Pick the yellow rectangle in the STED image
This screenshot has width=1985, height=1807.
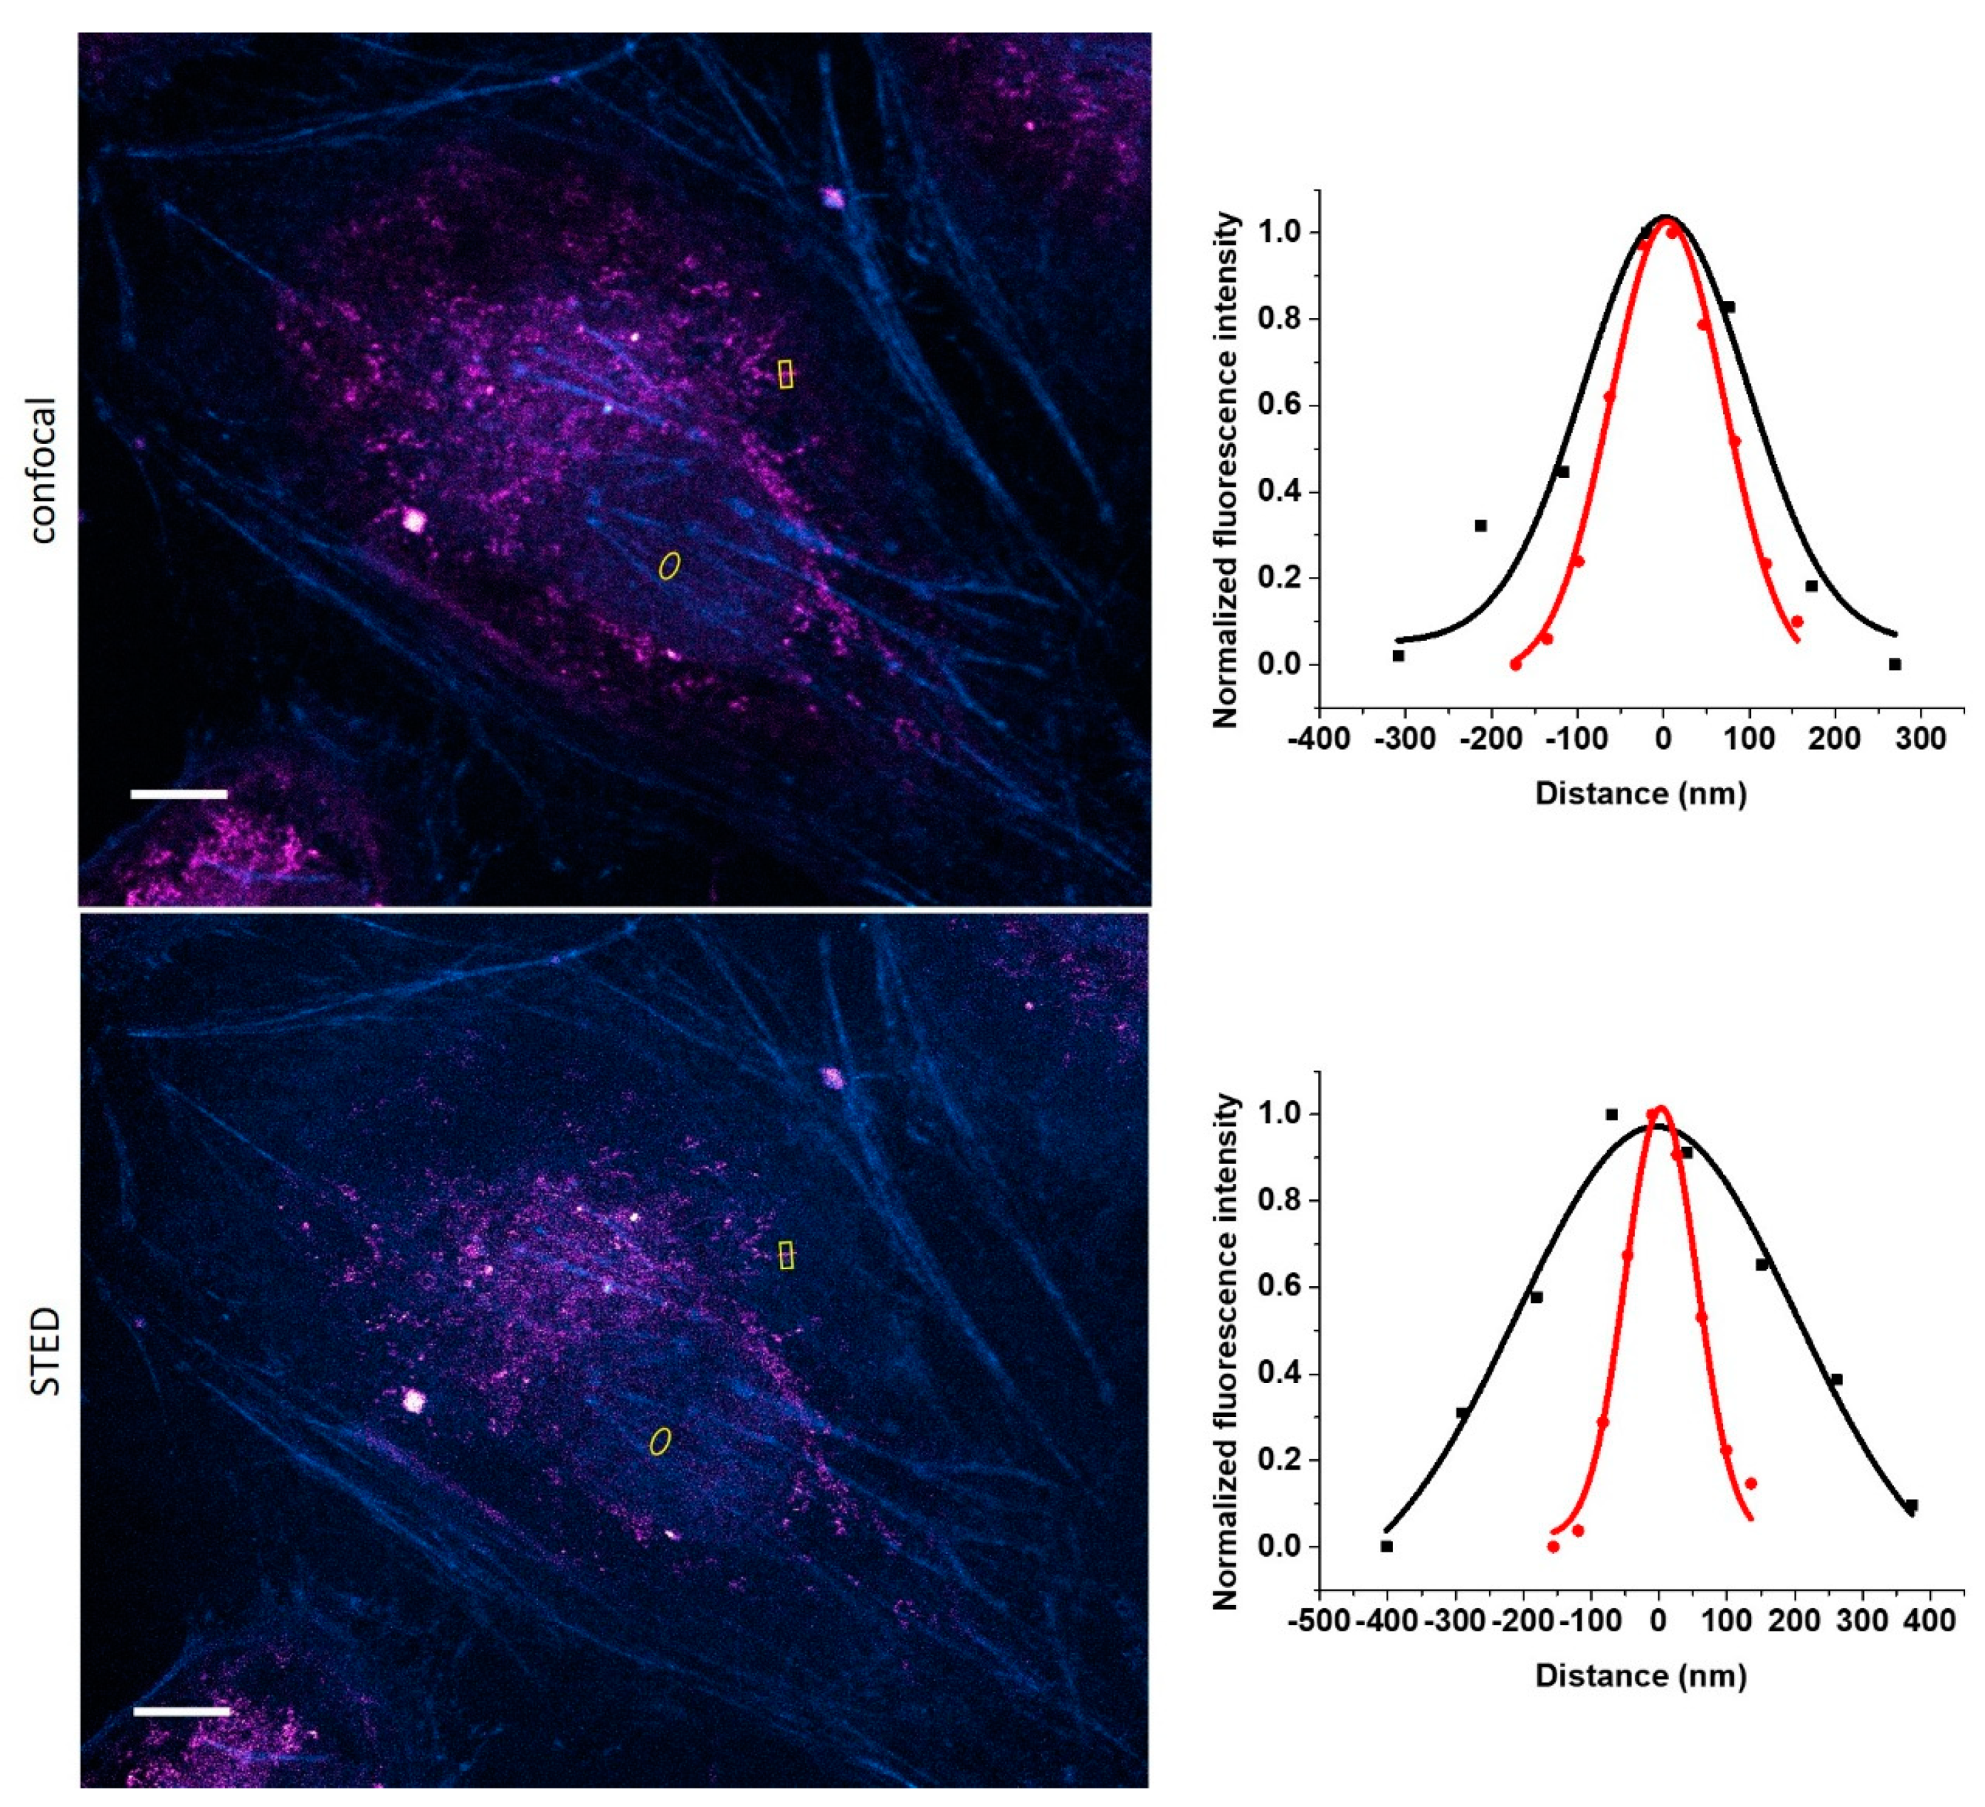(785, 1255)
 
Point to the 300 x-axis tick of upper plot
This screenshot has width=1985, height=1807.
(1920, 738)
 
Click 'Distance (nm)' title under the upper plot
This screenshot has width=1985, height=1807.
(1641, 793)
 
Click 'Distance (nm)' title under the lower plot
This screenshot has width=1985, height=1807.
(1641, 1675)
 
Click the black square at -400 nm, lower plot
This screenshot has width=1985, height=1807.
(1386, 1546)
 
